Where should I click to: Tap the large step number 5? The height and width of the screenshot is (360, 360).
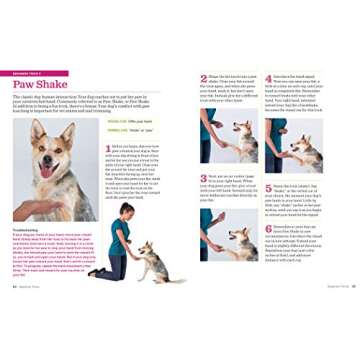(270, 182)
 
